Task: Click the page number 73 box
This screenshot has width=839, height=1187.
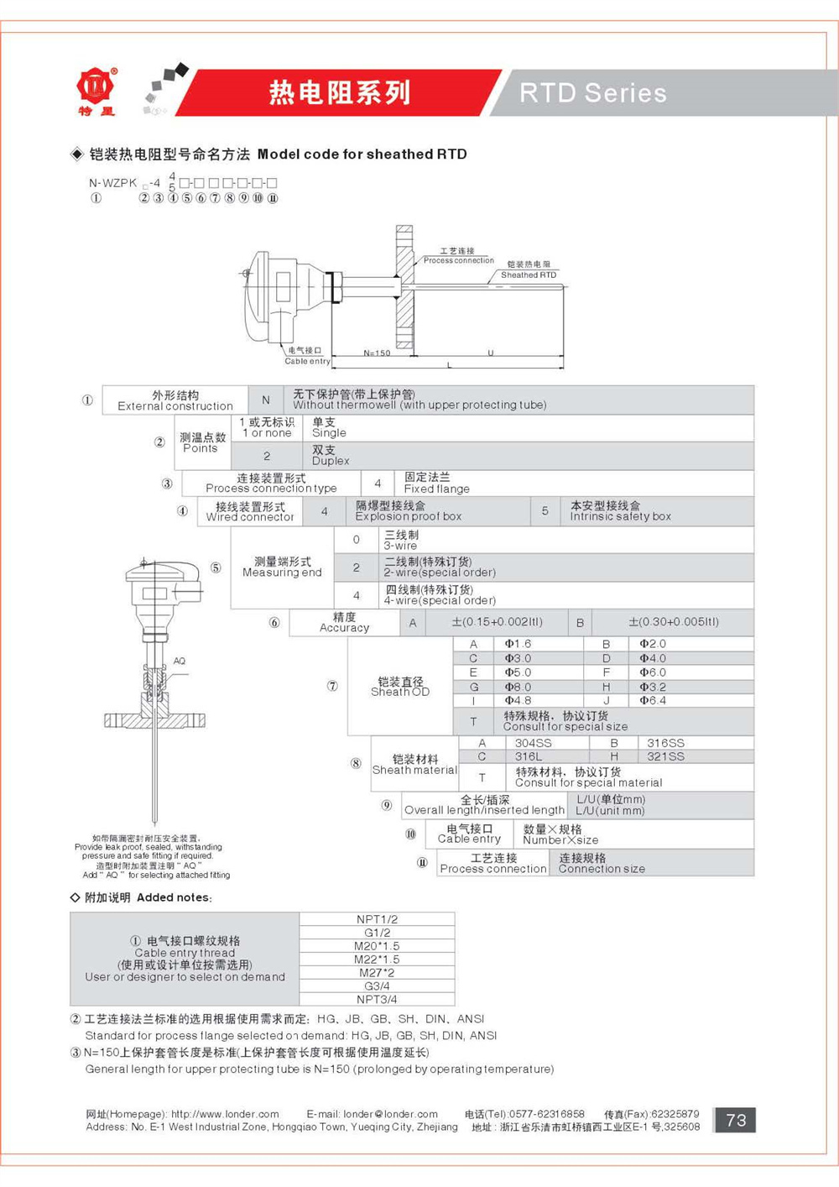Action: pos(735,1120)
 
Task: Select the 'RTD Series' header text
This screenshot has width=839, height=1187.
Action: pos(593,93)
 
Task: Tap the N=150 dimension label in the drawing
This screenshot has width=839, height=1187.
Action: pos(377,353)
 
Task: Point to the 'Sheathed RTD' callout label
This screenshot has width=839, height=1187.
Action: pos(529,275)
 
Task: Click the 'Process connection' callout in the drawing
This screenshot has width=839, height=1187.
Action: pos(458,260)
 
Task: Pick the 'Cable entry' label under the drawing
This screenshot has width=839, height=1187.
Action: pos(307,361)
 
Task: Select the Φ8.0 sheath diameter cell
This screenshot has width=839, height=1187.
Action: pos(518,687)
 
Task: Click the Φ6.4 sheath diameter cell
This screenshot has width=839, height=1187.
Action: pos(653,700)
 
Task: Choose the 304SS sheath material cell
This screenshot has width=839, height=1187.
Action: pos(533,743)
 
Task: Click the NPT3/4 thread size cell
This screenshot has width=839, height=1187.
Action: pos(377,999)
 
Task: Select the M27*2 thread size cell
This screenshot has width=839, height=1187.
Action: pos(377,972)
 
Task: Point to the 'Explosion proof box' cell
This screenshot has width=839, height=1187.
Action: pos(409,511)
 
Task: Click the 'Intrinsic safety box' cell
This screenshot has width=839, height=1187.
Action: pos(620,511)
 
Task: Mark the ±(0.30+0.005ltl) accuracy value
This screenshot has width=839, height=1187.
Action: pos(673,622)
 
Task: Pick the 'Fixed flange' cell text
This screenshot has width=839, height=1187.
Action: pos(436,483)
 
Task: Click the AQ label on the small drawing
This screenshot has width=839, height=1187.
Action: pos(180,661)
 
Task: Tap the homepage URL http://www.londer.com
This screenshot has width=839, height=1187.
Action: pos(225,1114)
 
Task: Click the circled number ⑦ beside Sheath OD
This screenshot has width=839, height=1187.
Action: pos(332,686)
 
